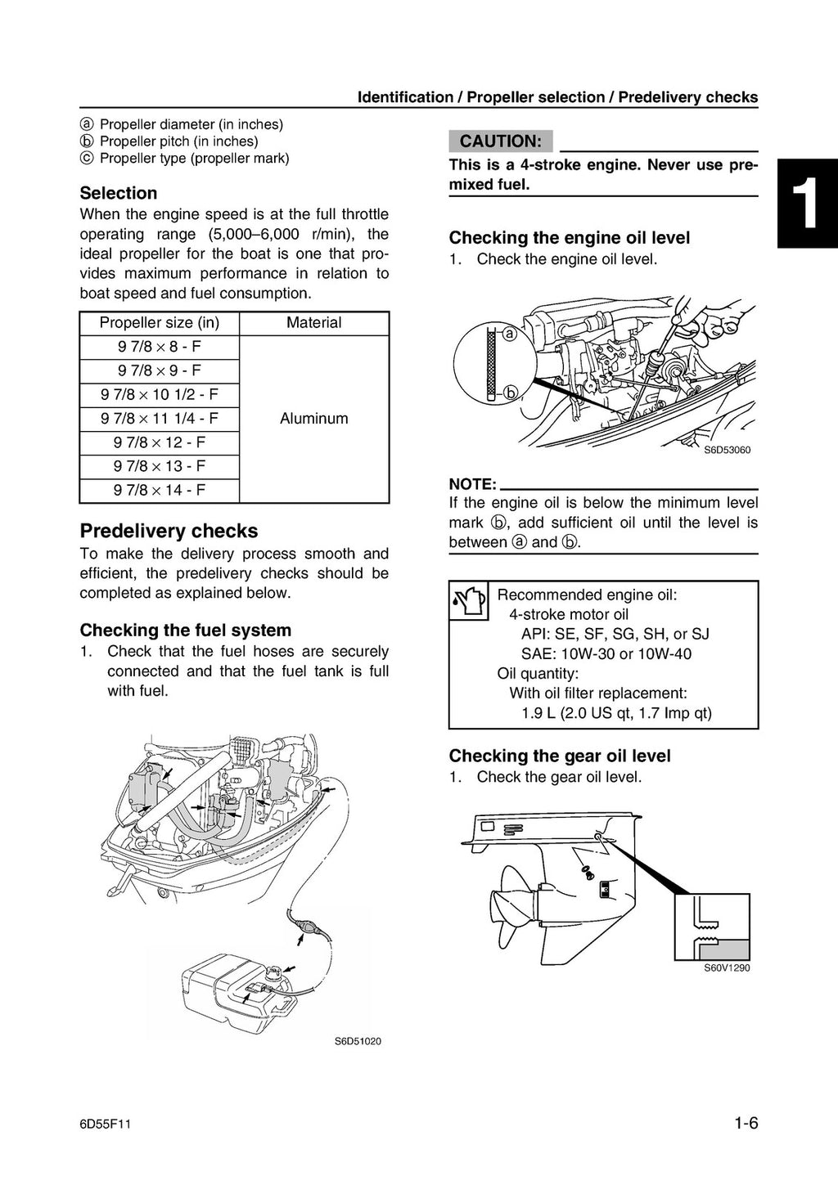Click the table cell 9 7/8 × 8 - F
click(160, 347)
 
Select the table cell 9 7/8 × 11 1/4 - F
click(160, 419)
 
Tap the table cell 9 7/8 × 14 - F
click(160, 491)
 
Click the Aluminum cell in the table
click(313, 419)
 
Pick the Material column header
click(313, 323)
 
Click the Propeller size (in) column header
click(160, 323)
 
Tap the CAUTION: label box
click(500, 141)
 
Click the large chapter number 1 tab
click(807, 204)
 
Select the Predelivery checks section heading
click(169, 531)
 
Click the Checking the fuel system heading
click(185, 631)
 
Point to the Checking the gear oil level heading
click(560, 756)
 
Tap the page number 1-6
click(746, 1124)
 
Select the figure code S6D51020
click(358, 1041)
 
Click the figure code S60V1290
click(727, 968)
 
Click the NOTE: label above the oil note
click(472, 484)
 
